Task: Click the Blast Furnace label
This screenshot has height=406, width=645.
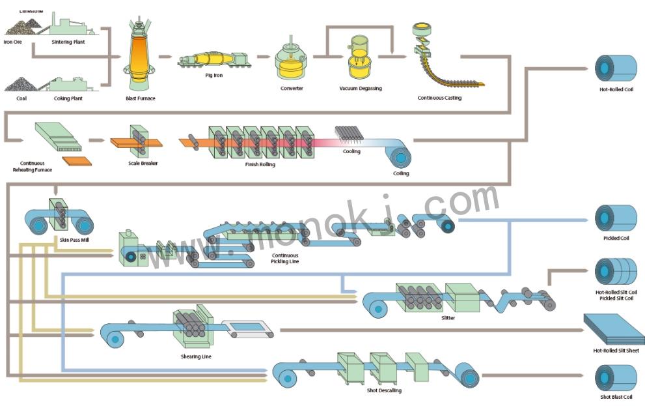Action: (141, 98)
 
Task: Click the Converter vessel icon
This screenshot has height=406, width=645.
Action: (291, 62)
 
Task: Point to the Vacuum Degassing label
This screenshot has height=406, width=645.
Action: (361, 89)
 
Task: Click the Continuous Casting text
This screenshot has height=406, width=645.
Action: (439, 98)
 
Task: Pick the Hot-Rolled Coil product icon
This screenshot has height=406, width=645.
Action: (615, 67)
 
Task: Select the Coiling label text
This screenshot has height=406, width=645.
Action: (401, 173)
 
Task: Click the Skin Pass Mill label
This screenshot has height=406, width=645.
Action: (73, 240)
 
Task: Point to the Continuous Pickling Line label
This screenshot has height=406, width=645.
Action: (284, 258)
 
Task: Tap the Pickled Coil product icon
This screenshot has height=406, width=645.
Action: (616, 219)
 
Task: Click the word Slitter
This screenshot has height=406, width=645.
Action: (448, 318)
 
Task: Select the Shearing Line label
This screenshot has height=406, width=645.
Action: (196, 356)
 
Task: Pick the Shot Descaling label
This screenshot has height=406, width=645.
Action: (384, 390)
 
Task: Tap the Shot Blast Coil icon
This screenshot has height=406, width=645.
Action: (616, 378)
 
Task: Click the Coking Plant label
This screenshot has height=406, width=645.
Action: (68, 98)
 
